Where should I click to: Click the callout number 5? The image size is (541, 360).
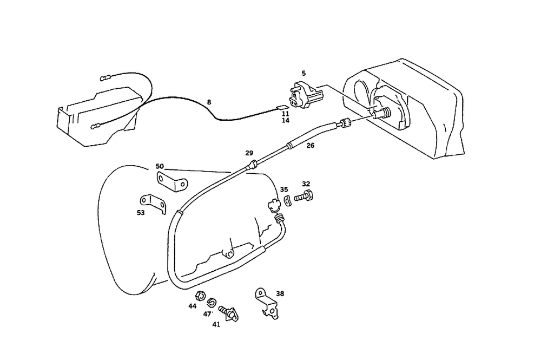[x=304, y=73]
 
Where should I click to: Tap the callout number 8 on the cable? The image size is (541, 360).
[x=209, y=102]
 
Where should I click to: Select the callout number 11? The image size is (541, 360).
[x=285, y=114]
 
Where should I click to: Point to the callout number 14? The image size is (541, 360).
[x=285, y=121]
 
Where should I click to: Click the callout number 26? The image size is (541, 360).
[x=309, y=145]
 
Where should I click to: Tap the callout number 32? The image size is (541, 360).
[x=306, y=184]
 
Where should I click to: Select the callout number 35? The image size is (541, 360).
[x=284, y=189]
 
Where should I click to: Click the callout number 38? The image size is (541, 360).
[x=280, y=294]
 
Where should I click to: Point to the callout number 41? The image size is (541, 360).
[x=216, y=324]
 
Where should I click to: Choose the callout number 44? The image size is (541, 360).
[x=193, y=306]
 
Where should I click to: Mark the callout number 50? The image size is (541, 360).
[x=160, y=166]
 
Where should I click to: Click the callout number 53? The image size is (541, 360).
[x=141, y=213]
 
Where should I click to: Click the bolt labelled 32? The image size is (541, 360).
[x=305, y=195]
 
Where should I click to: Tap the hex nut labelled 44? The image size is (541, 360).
[x=199, y=296]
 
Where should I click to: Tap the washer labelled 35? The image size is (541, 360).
[x=287, y=201]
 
